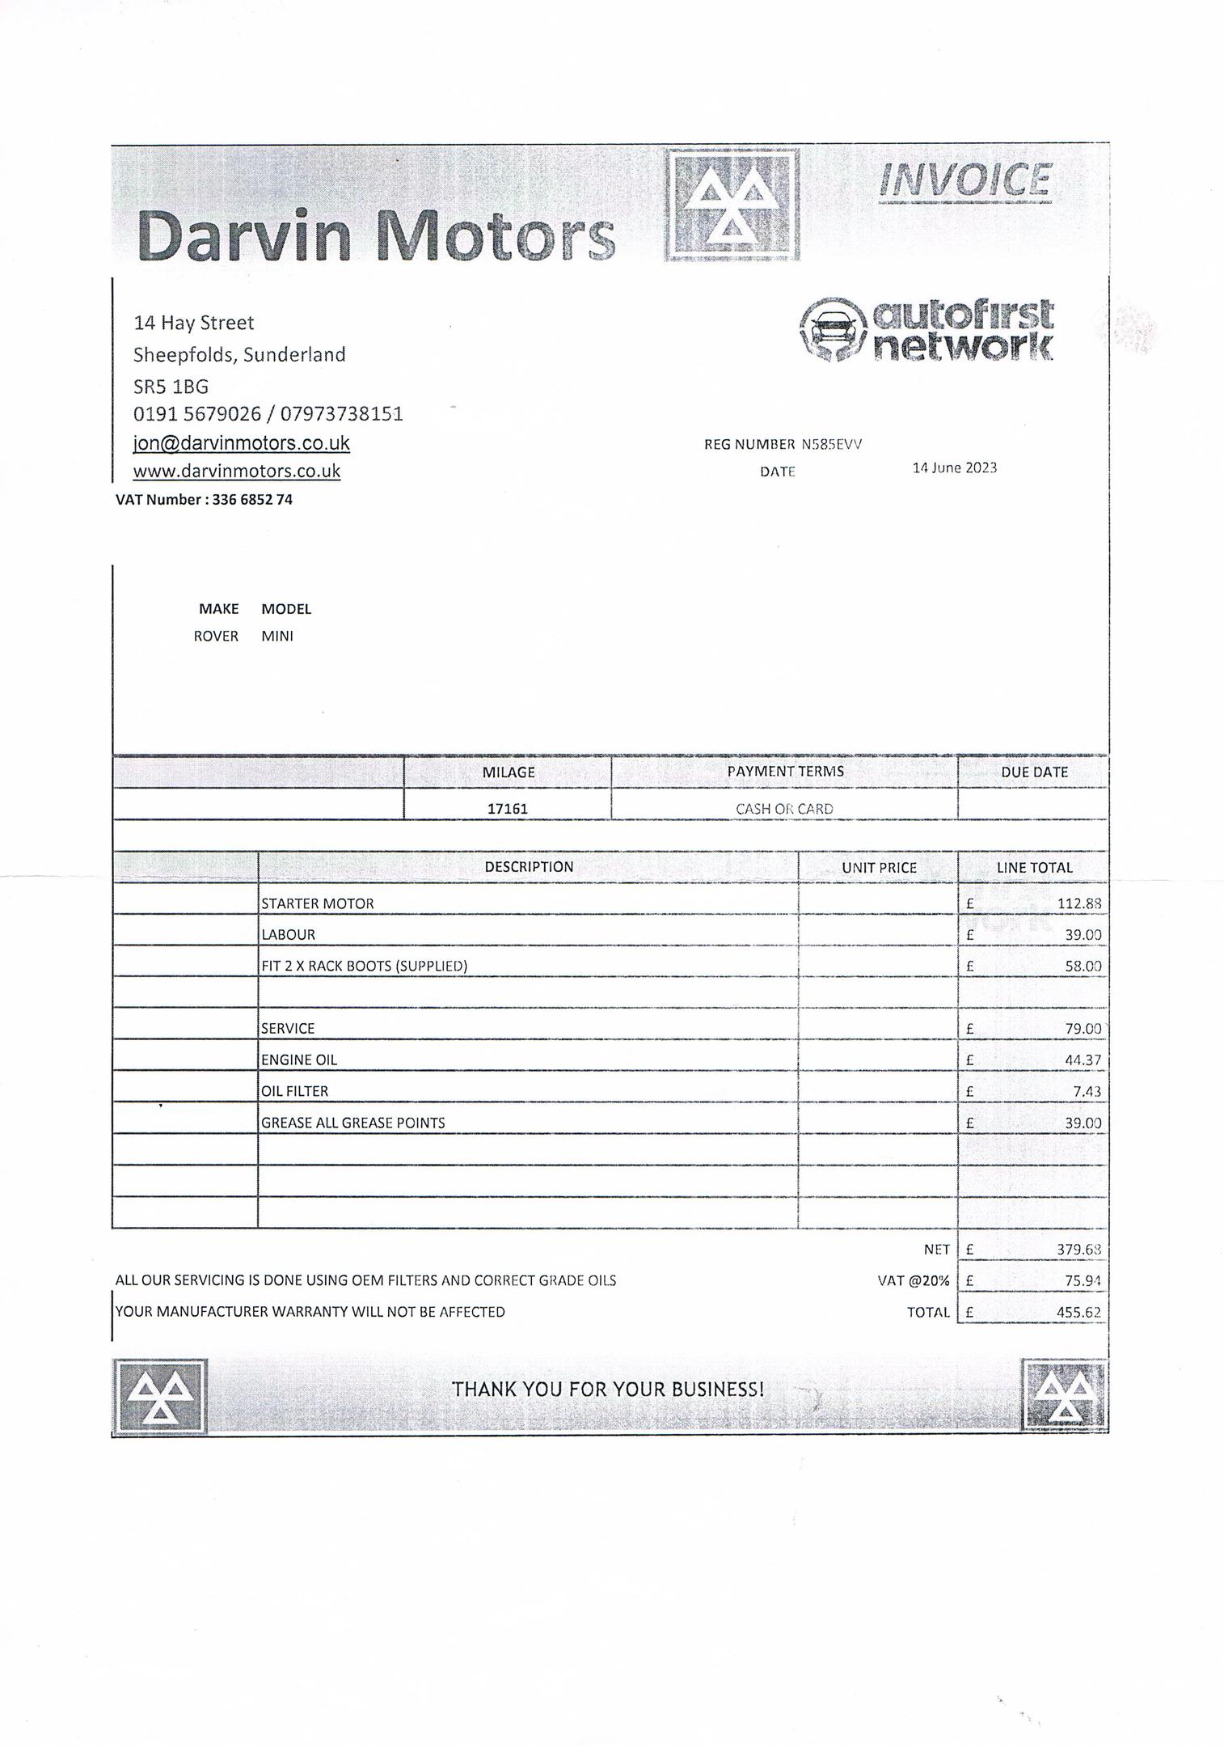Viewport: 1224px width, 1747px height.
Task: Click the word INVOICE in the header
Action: (x=964, y=180)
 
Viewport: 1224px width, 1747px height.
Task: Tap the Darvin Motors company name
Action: (x=376, y=235)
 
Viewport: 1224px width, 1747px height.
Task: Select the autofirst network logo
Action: (x=926, y=329)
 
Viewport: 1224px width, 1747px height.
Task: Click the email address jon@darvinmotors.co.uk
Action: (x=241, y=443)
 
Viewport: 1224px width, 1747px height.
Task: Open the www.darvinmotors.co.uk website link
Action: (x=236, y=472)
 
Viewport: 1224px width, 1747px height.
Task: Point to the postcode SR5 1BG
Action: (x=171, y=386)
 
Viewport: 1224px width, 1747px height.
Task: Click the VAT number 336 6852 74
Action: (x=252, y=500)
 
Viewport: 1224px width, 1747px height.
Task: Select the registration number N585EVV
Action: (x=831, y=444)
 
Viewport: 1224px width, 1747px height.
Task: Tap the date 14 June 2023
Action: (x=954, y=468)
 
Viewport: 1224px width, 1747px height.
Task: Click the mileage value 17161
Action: (x=508, y=808)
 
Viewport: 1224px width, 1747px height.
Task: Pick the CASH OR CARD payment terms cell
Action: (x=783, y=808)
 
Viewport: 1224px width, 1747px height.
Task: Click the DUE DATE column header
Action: (x=1033, y=772)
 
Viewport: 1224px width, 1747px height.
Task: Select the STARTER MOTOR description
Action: (x=317, y=903)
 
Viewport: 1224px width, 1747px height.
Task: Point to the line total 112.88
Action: (x=1078, y=903)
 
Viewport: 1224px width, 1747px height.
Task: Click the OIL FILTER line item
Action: (x=294, y=1091)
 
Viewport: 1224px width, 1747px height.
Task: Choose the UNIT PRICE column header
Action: (x=879, y=868)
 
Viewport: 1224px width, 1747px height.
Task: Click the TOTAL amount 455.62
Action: (x=1078, y=1312)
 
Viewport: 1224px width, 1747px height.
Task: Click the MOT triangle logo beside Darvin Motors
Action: (x=732, y=206)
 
